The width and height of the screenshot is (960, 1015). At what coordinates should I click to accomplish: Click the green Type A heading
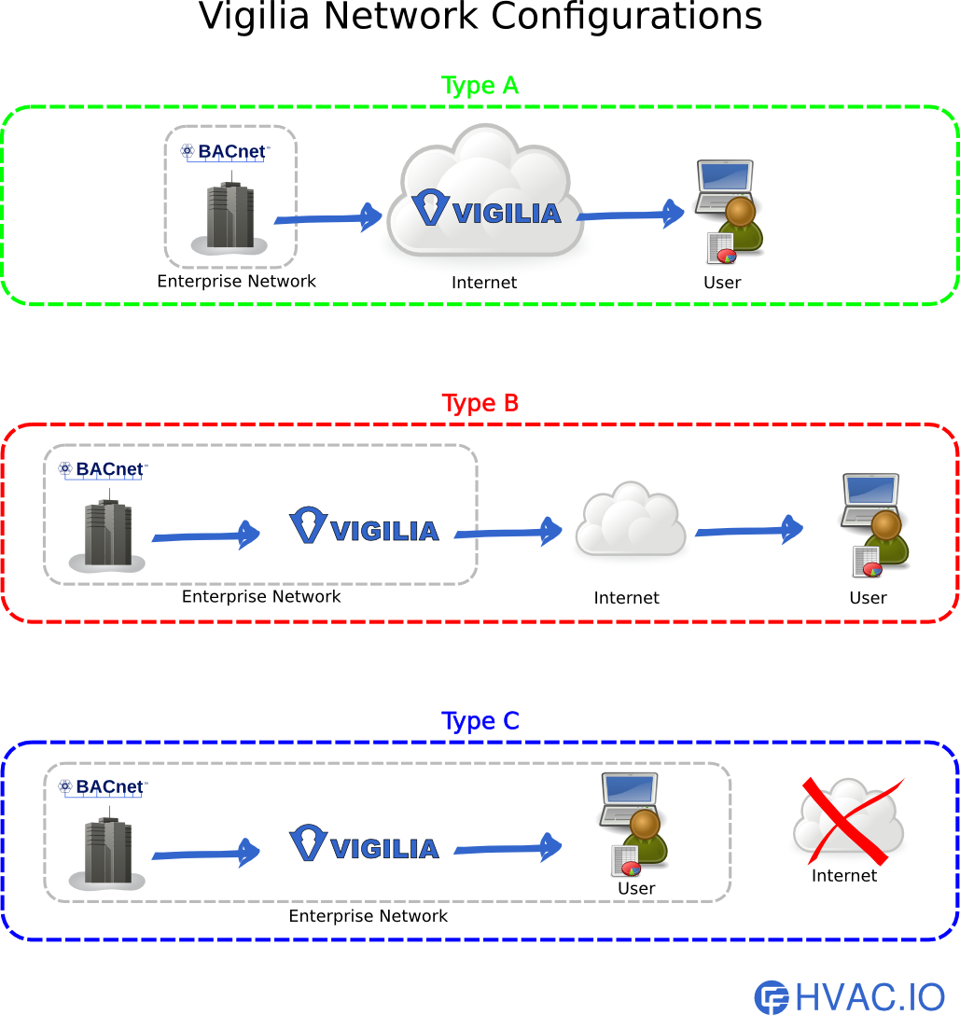pos(480,86)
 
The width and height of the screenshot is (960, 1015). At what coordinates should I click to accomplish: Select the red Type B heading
pos(480,404)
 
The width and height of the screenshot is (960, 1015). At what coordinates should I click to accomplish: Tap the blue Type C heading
pos(480,721)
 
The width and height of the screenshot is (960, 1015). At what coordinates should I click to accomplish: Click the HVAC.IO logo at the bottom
pos(849,996)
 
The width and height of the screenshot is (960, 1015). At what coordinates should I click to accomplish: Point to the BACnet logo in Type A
pos(225,151)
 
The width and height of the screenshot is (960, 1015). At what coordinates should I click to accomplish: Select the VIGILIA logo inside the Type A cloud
pos(486,209)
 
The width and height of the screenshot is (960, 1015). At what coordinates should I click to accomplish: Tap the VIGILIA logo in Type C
pos(364,844)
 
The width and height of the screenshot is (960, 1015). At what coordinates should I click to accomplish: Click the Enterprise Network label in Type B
pos(261,596)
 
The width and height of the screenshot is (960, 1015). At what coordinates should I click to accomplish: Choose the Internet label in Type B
pos(626,598)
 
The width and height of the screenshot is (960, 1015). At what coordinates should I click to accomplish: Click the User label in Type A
pos(722,283)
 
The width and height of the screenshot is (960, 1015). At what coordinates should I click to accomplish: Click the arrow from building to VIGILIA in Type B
pos(205,535)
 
